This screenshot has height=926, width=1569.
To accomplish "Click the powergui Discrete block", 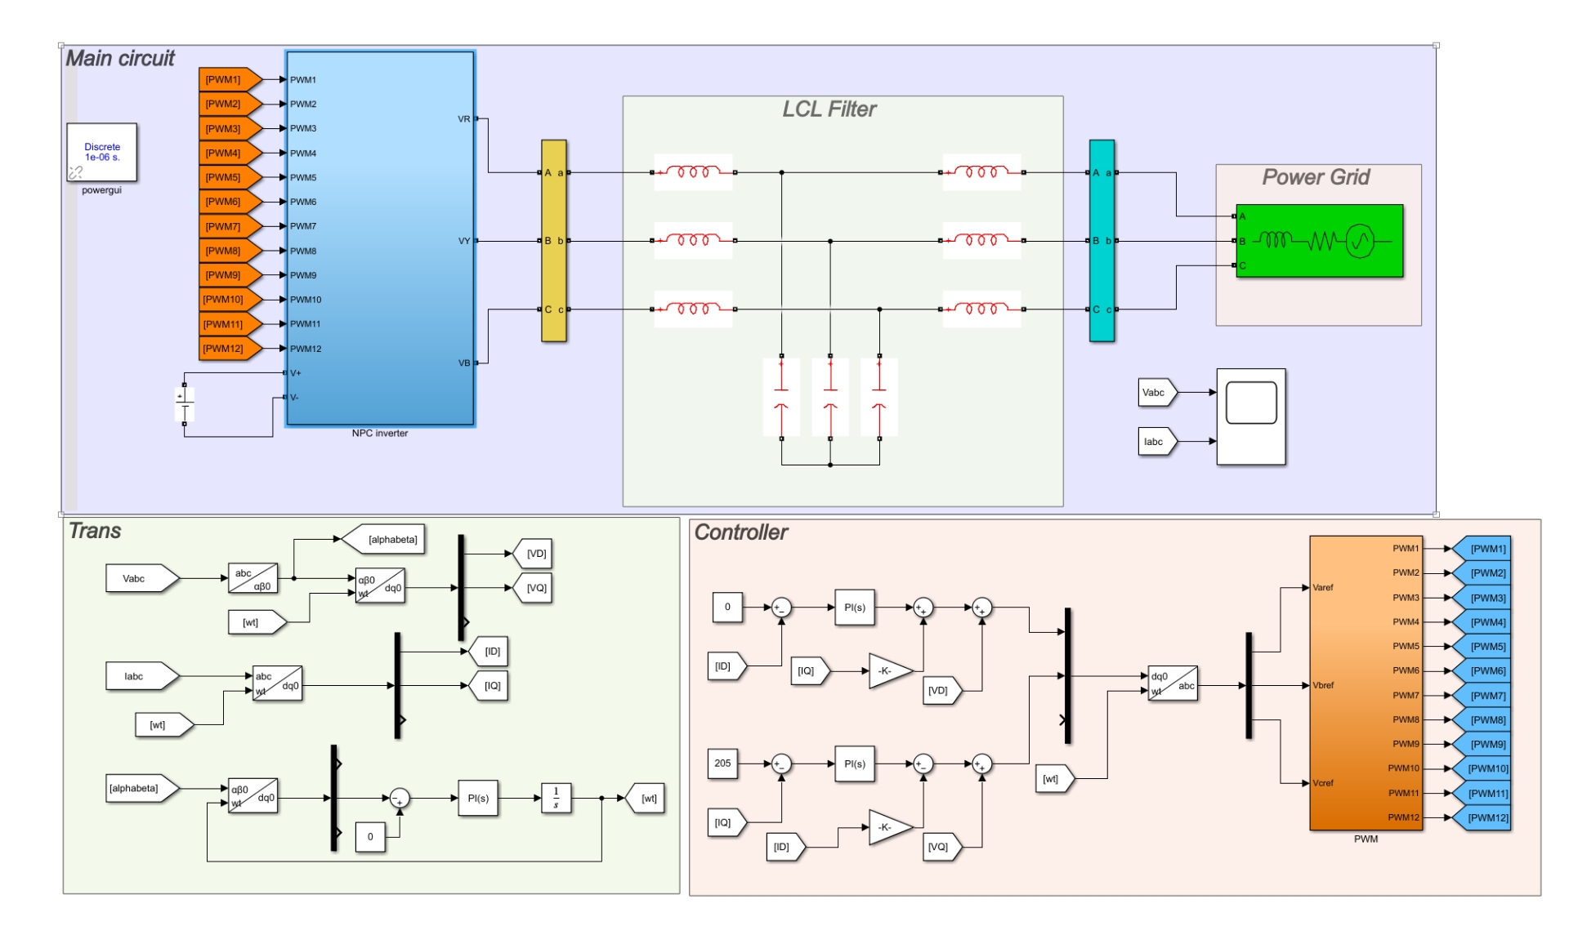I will coord(102,153).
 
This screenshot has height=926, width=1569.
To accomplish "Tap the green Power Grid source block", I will coord(1319,241).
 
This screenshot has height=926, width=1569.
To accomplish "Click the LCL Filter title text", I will coord(829,109).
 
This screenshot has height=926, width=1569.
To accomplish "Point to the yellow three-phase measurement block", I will coord(554,241).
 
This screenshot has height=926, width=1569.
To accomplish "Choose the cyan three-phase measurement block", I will coord(1102,241).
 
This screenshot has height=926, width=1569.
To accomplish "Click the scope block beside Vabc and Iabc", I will coord(1250,416).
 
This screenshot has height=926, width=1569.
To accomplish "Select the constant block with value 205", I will coord(723,764).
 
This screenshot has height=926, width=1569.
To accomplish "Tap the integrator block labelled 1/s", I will coord(557,798).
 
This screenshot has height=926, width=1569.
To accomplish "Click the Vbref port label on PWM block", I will coord(1323,685).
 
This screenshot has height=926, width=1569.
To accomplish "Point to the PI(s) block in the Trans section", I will coord(478,798).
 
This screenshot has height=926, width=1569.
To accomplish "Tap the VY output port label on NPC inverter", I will coord(464,241).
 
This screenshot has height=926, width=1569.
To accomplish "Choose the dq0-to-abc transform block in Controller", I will coord(1173,683).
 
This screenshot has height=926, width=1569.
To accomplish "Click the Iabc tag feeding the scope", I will coord(1156,442).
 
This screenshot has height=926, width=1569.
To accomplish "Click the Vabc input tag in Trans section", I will coord(140,579).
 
